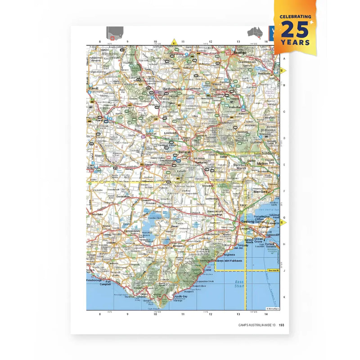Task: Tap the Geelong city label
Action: tap(248, 222)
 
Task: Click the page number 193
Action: tap(281, 325)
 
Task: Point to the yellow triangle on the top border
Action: tap(173, 42)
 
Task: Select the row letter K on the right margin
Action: tap(284, 297)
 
